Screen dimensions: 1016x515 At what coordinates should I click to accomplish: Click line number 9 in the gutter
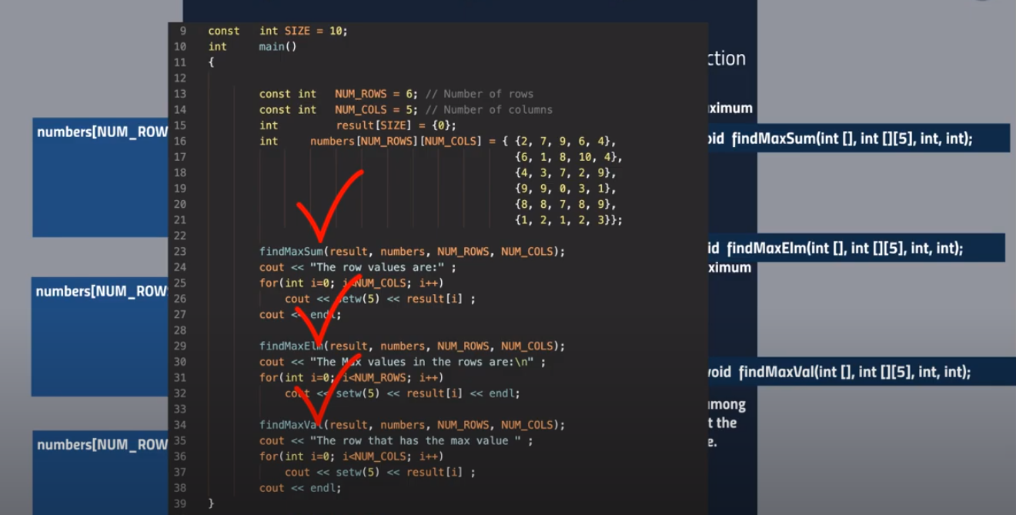click(x=182, y=31)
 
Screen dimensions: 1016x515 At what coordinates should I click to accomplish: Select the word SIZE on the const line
click(x=297, y=31)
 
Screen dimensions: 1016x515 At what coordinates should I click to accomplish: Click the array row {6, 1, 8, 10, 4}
click(x=568, y=157)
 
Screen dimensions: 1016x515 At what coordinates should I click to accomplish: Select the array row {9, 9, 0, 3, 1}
click(x=565, y=189)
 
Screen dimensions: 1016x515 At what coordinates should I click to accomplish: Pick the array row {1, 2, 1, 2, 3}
click(x=565, y=220)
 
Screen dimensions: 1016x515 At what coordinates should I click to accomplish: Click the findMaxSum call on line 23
click(x=291, y=252)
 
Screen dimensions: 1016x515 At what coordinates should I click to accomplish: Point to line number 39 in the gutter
click(x=180, y=503)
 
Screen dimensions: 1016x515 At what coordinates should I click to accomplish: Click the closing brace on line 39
click(x=211, y=503)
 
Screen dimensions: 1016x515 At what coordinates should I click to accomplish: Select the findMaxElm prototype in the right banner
click(x=844, y=248)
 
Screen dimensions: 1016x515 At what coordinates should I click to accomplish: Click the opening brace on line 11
click(x=211, y=62)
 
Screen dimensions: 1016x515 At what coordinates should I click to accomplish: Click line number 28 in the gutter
click(x=180, y=330)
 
